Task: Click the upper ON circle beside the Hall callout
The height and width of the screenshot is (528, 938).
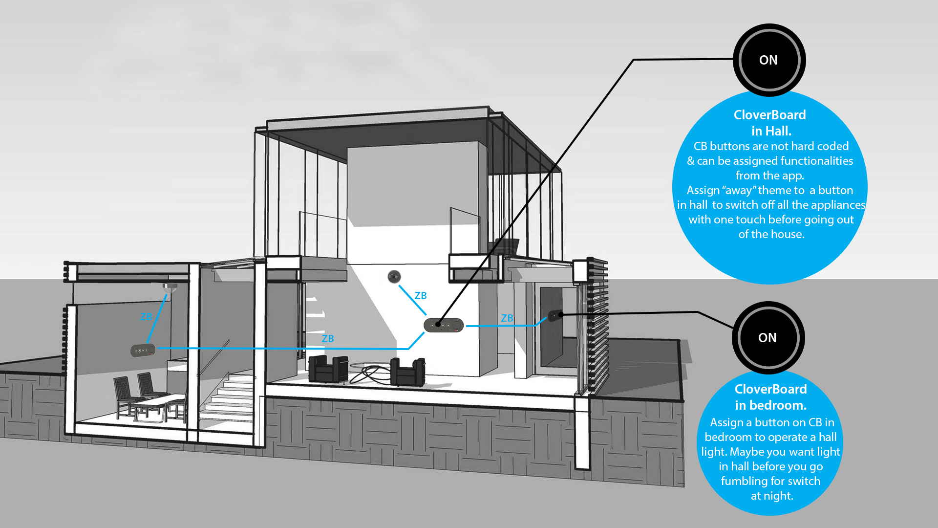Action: point(769,60)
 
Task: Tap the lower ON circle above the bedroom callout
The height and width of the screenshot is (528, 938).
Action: point(768,338)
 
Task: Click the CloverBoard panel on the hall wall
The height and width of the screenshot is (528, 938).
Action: point(444,325)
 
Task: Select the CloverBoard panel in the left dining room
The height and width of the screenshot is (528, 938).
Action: point(143,350)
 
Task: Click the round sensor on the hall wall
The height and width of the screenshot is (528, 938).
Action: point(394,277)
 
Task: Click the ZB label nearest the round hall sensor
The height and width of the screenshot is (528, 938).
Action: point(421,296)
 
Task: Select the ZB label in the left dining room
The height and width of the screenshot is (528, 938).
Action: point(146,317)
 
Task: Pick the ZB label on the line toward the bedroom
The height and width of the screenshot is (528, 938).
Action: point(507,318)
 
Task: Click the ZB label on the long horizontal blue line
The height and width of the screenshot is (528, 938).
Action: point(328,339)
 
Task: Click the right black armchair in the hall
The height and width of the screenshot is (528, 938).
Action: point(407,372)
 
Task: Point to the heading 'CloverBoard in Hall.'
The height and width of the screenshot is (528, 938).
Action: point(770,123)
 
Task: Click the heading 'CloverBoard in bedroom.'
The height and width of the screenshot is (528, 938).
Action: point(770,397)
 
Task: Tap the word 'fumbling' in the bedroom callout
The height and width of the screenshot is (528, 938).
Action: point(744,481)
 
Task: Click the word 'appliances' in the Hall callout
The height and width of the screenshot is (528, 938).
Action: point(838,205)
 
